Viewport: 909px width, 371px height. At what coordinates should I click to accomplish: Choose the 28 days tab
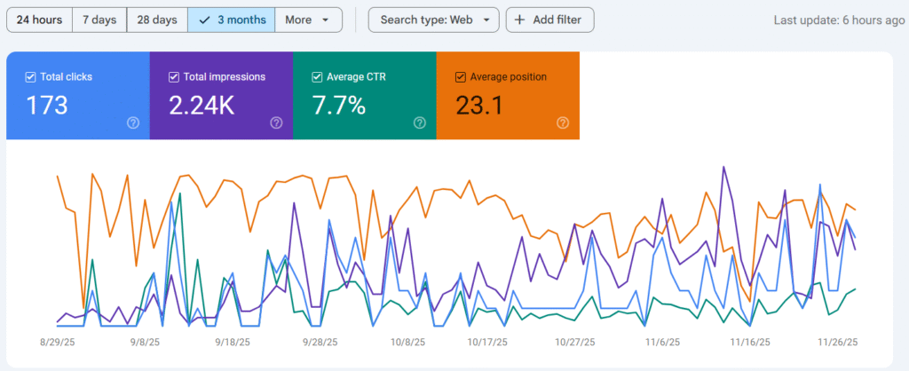(x=157, y=20)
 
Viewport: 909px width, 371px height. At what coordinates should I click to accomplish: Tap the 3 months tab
(x=232, y=20)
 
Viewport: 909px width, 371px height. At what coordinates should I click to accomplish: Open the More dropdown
(x=308, y=20)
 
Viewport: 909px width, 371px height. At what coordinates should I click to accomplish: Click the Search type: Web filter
(x=433, y=20)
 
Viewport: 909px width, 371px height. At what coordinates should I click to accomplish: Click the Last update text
(x=839, y=20)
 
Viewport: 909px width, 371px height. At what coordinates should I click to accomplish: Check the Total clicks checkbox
(x=31, y=77)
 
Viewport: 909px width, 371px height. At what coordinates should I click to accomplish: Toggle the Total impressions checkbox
(x=174, y=77)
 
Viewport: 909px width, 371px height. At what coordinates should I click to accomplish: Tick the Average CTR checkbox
(x=318, y=77)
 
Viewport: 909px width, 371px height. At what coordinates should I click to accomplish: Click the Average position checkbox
(x=461, y=77)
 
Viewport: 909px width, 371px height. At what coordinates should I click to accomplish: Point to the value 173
(x=47, y=106)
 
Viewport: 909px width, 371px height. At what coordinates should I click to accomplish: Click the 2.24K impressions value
(x=202, y=106)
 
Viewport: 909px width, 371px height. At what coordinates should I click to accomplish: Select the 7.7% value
(x=338, y=106)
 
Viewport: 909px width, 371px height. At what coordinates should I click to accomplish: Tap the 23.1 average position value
(x=479, y=106)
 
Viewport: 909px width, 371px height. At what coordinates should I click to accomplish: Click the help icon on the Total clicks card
(x=133, y=123)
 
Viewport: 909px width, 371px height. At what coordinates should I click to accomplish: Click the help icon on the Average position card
(x=563, y=123)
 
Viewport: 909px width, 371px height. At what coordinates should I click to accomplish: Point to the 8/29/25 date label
(x=59, y=342)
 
